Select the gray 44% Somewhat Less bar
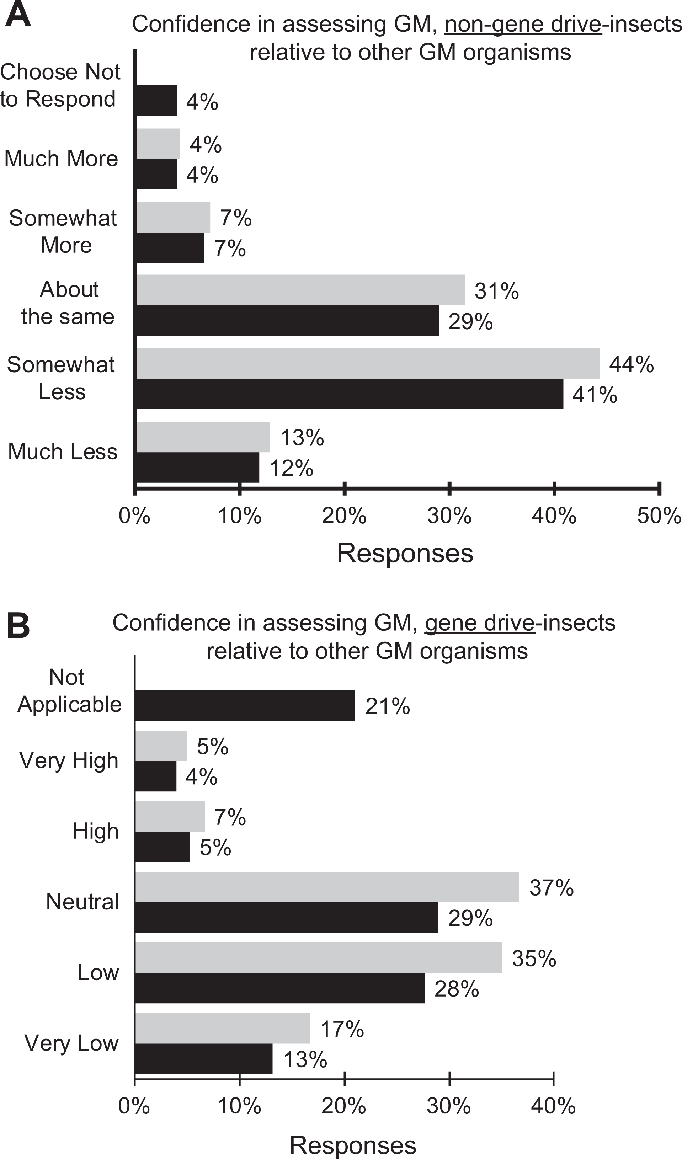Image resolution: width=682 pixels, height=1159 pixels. point(368,363)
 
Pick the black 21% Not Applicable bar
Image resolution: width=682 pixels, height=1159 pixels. point(245,705)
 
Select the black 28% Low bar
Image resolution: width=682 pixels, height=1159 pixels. point(279,988)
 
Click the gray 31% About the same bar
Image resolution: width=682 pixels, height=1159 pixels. point(301,290)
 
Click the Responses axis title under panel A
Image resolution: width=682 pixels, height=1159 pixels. point(405,553)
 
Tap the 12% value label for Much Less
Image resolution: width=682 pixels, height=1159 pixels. point(292,468)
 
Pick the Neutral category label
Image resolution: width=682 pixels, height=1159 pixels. point(83,902)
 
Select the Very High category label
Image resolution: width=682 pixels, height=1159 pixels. point(69,760)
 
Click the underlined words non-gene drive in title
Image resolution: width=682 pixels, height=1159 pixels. point(523,24)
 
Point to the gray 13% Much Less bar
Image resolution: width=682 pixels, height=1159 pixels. point(203,437)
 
